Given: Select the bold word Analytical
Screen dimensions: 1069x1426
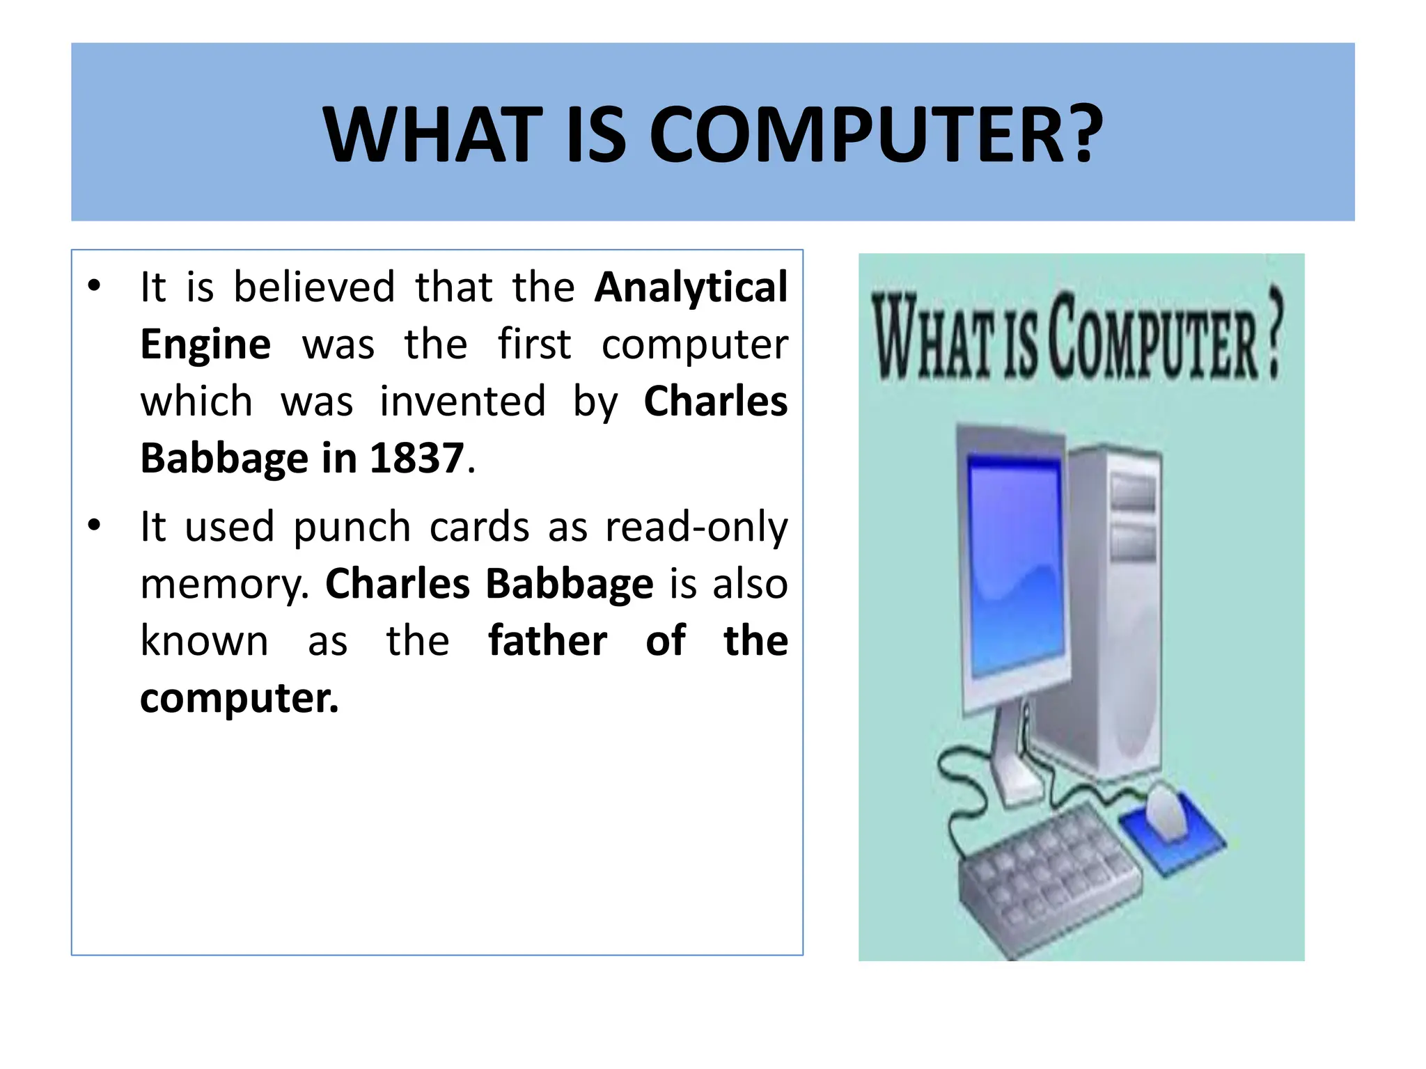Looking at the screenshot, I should tap(691, 287).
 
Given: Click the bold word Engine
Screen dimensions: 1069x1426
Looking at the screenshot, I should tap(205, 345).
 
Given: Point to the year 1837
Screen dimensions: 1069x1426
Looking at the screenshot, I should tap(416, 459).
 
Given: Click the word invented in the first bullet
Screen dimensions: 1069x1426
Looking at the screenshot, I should tap(462, 402).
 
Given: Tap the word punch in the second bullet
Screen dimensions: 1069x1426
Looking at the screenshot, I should tap(352, 528).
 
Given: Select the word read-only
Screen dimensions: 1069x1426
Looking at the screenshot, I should tap(696, 528).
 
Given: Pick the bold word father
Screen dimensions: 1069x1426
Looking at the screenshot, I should tap(547, 641).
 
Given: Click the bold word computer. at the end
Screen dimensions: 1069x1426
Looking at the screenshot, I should tap(239, 698).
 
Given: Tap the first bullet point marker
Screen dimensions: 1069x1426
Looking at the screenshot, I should tap(95, 286).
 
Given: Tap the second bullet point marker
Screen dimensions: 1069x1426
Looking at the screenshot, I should tap(95, 525).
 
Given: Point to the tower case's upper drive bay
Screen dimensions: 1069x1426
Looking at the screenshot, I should tap(1133, 493).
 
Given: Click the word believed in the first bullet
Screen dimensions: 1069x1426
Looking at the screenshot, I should tap(314, 287).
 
